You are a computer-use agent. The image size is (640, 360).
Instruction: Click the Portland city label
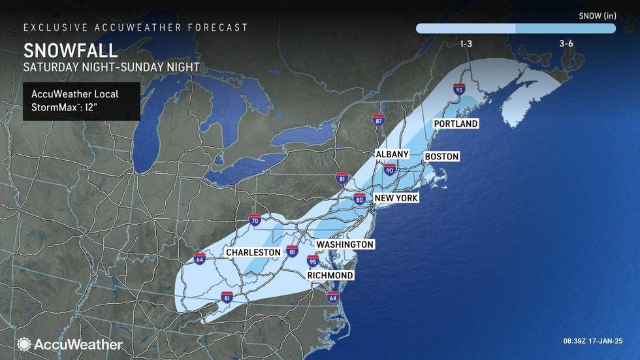[456, 123]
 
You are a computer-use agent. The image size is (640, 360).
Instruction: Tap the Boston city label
[441, 157]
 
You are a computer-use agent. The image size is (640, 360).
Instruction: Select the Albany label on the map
[392, 154]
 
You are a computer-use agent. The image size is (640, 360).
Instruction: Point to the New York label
[396, 198]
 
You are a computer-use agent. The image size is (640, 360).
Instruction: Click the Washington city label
[345, 244]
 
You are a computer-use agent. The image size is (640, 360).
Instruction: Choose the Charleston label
[253, 252]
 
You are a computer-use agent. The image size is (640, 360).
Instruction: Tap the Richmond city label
[330, 276]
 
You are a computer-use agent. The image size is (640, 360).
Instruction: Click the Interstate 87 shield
[379, 120]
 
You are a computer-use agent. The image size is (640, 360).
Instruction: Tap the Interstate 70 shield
[255, 220]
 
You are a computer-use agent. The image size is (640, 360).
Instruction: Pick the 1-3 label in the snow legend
[466, 43]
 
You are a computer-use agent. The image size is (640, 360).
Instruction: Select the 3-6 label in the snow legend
[566, 43]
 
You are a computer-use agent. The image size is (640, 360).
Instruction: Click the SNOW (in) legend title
[597, 14]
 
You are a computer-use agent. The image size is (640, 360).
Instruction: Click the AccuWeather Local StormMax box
[81, 101]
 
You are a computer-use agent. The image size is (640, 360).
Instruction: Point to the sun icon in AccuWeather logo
[24, 344]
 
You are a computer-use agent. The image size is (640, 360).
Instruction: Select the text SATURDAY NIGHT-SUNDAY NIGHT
[111, 67]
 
